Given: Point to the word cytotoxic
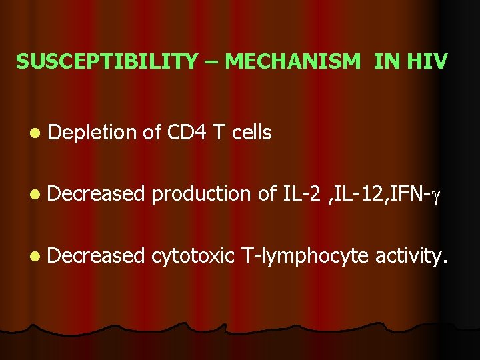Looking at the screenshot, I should (x=193, y=255).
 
